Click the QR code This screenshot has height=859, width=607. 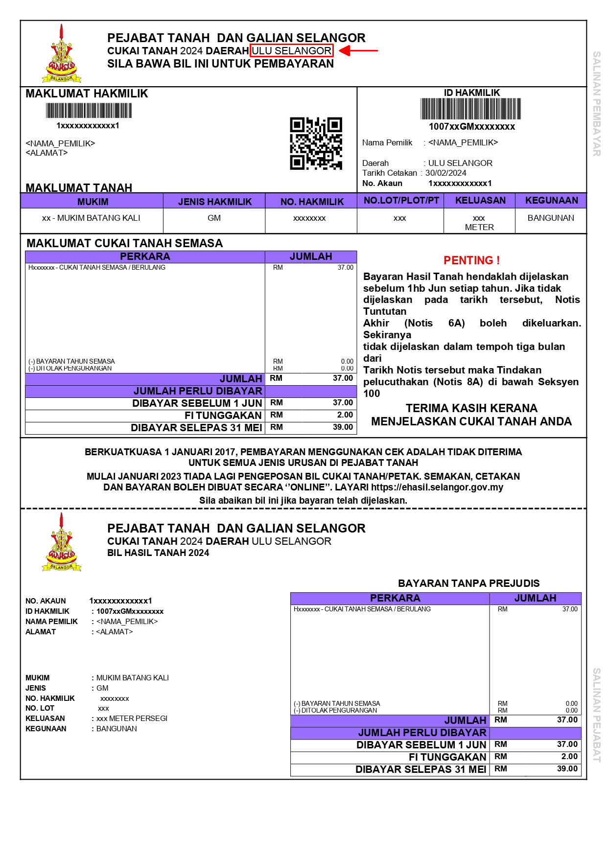pyautogui.click(x=316, y=143)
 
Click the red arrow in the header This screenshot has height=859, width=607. pyautogui.click(x=358, y=50)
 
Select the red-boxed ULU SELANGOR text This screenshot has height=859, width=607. pyautogui.click(x=291, y=51)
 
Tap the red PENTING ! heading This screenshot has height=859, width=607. pyautogui.click(x=471, y=260)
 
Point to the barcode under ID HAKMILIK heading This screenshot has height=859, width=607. pyautogui.click(x=470, y=109)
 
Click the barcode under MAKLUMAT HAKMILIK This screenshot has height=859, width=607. pyautogui.click(x=89, y=111)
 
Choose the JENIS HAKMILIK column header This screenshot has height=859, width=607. pyautogui.click(x=214, y=202)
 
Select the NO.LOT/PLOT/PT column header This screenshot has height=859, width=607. pyautogui.click(x=401, y=200)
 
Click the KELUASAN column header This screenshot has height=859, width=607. pyautogui.click(x=480, y=200)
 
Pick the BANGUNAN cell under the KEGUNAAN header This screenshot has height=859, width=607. pyautogui.click(x=551, y=218)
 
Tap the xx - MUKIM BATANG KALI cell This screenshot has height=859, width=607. pyautogui.click(x=91, y=218)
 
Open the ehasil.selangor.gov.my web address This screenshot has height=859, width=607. pyautogui.click(x=437, y=487)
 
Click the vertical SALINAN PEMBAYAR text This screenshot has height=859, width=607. pyautogui.click(x=597, y=104)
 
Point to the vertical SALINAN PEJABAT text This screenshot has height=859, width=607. pyautogui.click(x=597, y=715)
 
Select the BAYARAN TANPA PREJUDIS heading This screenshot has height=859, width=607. pyautogui.click(x=468, y=583)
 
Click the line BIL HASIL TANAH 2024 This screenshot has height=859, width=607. pyautogui.click(x=158, y=553)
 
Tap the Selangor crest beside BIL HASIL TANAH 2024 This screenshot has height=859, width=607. pyautogui.click(x=62, y=543)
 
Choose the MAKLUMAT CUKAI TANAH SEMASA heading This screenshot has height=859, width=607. pyautogui.click(x=124, y=243)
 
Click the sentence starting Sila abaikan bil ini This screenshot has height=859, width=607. pyautogui.click(x=303, y=500)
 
